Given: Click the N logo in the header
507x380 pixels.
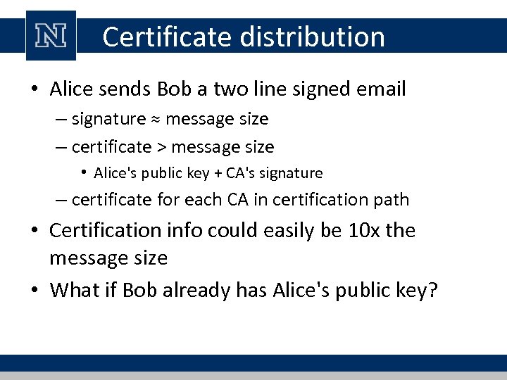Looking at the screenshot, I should (51, 36).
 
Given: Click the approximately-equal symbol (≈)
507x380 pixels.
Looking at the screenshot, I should (155, 120).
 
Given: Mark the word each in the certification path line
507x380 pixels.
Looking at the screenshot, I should (205, 200).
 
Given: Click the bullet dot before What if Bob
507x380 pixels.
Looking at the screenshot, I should (36, 290).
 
